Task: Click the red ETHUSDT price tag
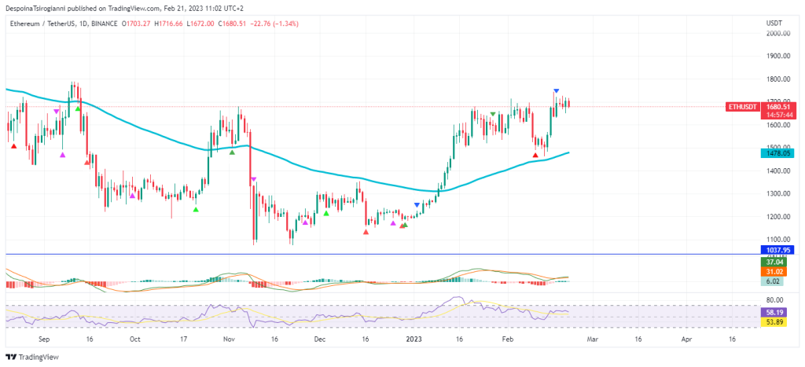(741, 106)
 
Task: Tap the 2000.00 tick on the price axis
(778, 34)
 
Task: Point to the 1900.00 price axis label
(778, 57)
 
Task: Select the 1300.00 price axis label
(778, 194)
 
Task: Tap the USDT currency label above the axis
(774, 23)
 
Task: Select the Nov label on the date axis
(228, 339)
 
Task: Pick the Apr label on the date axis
(686, 339)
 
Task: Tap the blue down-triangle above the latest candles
(557, 92)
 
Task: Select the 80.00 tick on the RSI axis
(776, 300)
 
